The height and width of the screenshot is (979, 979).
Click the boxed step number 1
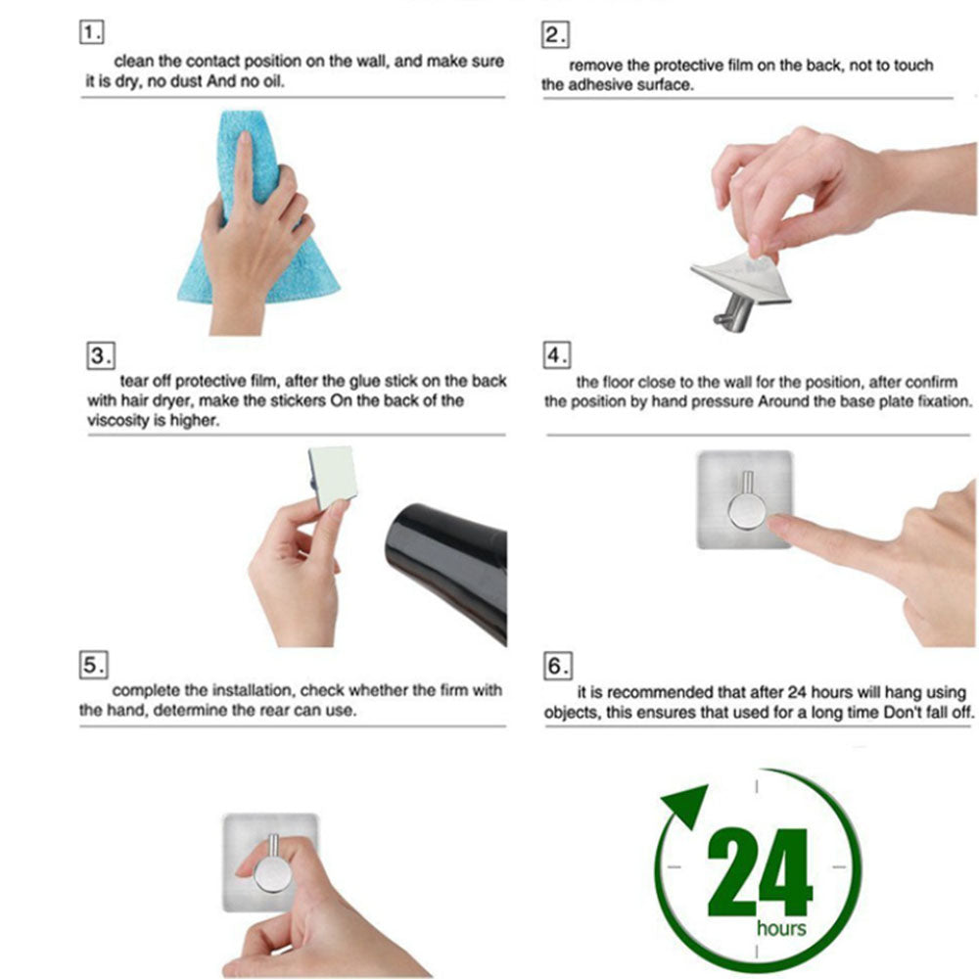pyautogui.click(x=91, y=32)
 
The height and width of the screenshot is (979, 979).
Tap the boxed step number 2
pyautogui.click(x=555, y=35)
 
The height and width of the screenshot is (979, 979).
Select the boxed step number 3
pyautogui.click(x=100, y=355)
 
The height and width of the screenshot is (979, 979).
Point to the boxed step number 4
pyautogui.click(x=557, y=355)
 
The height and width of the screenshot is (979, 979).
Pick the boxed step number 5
pyautogui.click(x=93, y=665)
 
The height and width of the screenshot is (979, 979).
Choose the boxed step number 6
pyautogui.click(x=558, y=666)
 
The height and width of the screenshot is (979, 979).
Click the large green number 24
pyautogui.click(x=760, y=872)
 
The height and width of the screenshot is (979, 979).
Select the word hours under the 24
pyautogui.click(x=781, y=928)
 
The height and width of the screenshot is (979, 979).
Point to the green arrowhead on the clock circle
pyautogui.click(x=686, y=805)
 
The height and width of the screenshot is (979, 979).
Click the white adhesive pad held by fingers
pyautogui.click(x=333, y=477)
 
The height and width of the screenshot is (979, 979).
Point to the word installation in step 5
pyautogui.click(x=252, y=690)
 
